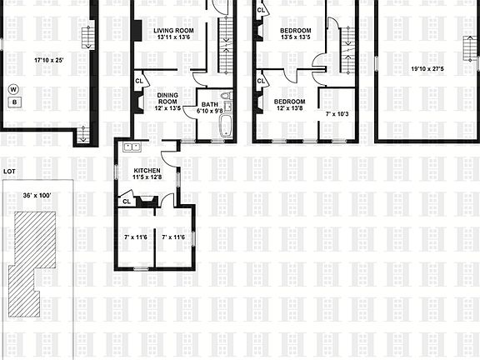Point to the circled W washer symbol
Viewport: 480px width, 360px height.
13,88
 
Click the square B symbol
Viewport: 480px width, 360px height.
13,102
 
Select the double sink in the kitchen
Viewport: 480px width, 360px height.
131,147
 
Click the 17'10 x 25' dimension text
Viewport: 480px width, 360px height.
48,60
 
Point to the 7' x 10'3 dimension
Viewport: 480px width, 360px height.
337,112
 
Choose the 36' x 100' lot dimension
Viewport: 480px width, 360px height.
37,196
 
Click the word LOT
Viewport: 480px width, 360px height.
9,171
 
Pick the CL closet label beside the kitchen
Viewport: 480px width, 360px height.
126,201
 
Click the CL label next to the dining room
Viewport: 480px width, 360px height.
139,81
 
